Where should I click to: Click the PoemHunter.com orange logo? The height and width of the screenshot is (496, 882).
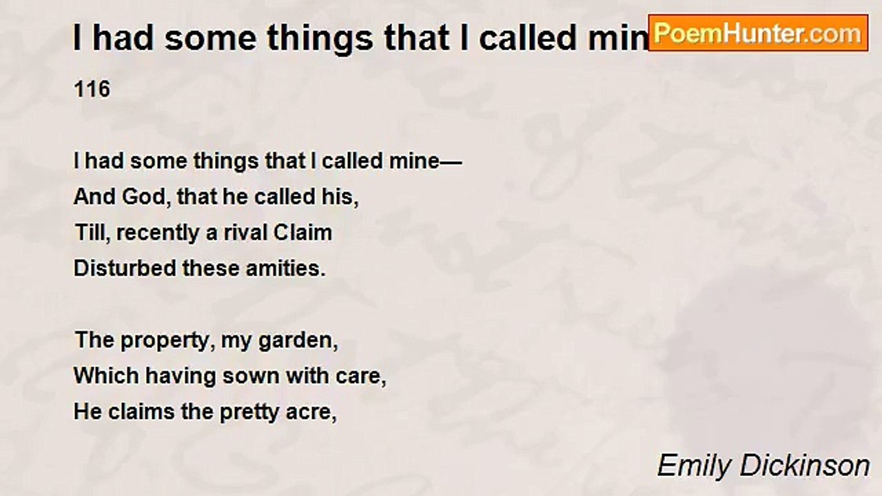click(x=758, y=33)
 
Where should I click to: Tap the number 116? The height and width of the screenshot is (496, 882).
click(x=92, y=90)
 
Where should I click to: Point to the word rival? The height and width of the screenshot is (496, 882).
click(x=246, y=233)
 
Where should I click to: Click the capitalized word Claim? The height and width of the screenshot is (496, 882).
click(x=302, y=233)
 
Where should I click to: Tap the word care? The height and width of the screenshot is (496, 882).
click(x=362, y=376)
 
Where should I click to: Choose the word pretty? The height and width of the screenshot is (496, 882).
click(x=255, y=412)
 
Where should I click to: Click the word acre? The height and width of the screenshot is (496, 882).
click(x=316, y=412)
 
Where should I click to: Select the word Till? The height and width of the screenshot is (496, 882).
click(x=92, y=233)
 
